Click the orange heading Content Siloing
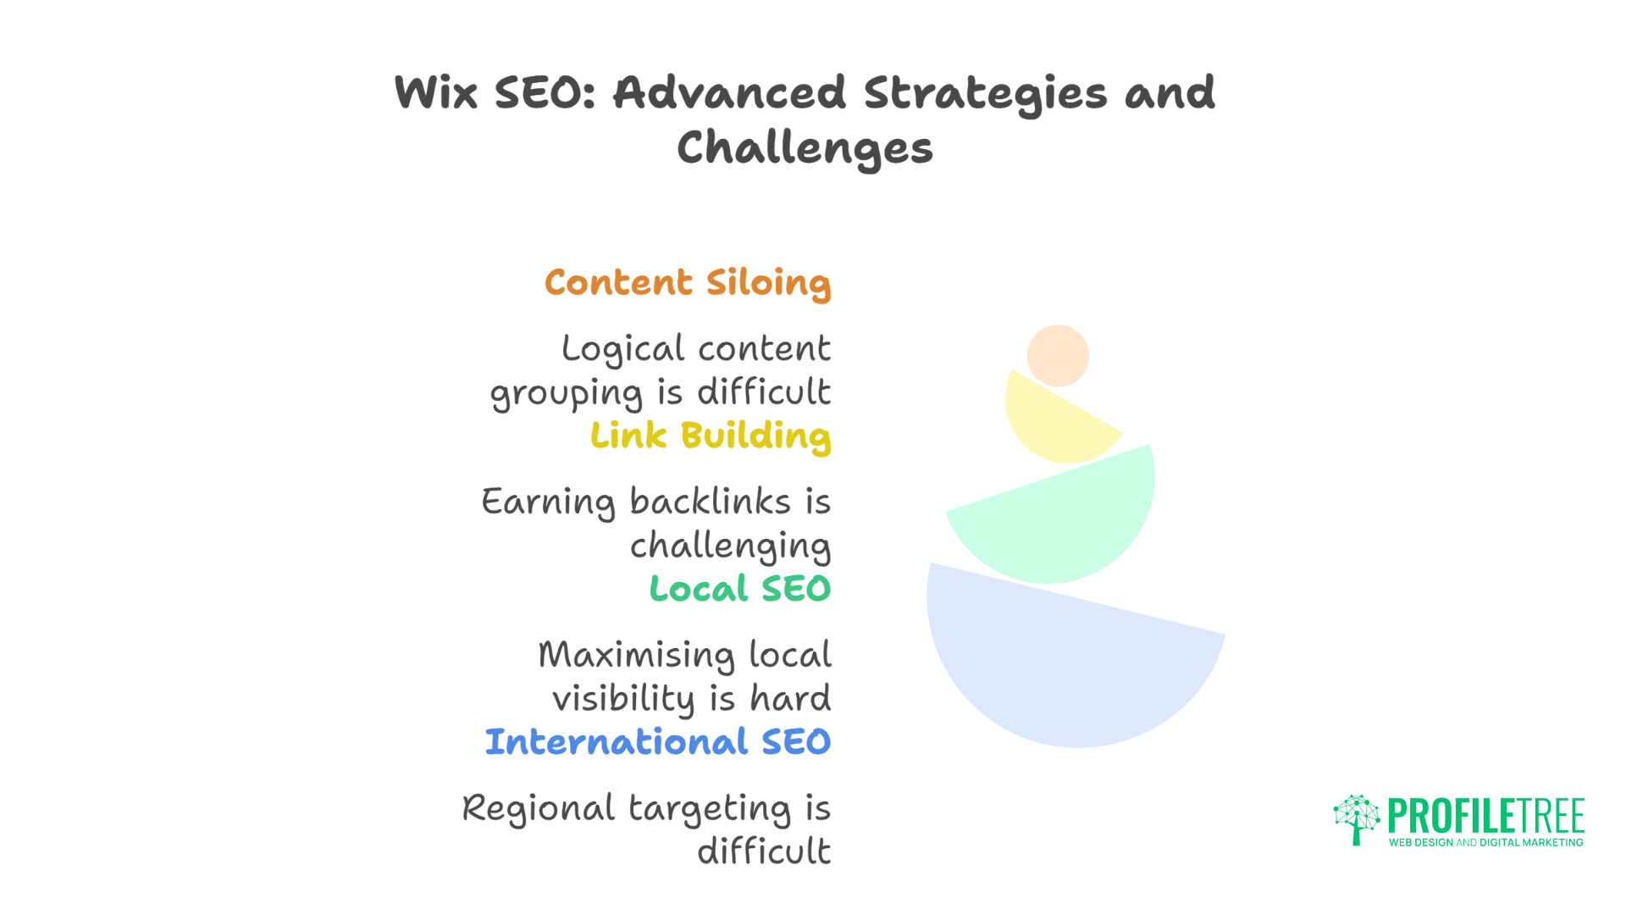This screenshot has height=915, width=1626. click(x=688, y=283)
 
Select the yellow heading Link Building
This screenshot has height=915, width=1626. click(x=711, y=436)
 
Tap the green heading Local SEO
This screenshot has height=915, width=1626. click(x=740, y=589)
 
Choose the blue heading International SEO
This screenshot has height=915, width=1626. click(x=658, y=742)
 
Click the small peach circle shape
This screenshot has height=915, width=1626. click(x=1058, y=356)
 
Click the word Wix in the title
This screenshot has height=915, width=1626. click(x=436, y=92)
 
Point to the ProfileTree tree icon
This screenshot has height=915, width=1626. click(x=1357, y=818)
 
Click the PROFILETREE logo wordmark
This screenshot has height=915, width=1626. click(x=1485, y=816)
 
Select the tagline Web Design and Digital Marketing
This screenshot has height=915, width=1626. click(x=1485, y=843)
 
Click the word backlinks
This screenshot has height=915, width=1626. click(x=711, y=502)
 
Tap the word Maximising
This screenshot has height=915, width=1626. click(x=637, y=655)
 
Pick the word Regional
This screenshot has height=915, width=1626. click(x=539, y=809)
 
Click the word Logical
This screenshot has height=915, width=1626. click(x=622, y=349)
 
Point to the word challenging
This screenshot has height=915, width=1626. click(x=730, y=546)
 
